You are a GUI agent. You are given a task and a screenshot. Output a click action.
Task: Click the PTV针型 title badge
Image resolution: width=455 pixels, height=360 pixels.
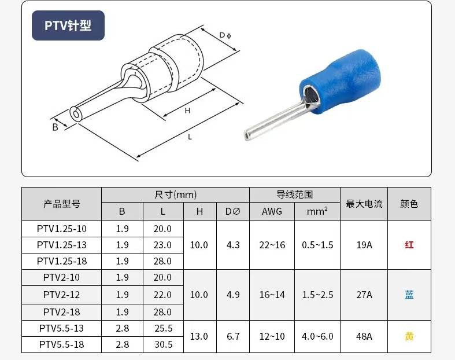coord(68,25)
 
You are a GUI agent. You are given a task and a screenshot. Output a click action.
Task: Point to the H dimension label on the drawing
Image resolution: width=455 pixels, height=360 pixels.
coord(187,111)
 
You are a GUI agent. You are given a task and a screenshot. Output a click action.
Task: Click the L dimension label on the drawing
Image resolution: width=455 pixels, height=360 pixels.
coord(190,137)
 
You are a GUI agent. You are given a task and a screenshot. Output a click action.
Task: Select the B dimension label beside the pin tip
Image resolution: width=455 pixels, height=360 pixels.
coord(56,127)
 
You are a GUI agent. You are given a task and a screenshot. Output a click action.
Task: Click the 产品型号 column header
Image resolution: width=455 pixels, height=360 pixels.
coord(62,204)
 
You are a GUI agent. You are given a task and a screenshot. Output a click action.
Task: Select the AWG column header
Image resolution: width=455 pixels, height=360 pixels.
coord(272,212)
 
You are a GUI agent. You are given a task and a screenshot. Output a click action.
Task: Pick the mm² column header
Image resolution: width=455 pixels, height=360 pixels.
coord(317,212)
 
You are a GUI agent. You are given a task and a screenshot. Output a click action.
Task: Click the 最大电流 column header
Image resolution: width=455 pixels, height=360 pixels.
coord(364,204)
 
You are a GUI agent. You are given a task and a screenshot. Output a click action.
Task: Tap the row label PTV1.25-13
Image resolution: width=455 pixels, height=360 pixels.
coord(62,245)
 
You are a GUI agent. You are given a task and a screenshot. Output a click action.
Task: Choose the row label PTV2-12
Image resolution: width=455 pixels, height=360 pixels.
coord(62,295)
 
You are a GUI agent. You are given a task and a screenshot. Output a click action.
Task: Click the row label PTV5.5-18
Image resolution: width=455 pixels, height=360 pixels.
coord(62,344)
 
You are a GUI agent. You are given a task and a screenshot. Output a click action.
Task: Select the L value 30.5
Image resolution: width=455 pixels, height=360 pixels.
coord(162,344)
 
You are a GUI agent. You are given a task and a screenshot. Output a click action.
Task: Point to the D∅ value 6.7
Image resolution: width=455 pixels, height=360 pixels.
coord(233,336)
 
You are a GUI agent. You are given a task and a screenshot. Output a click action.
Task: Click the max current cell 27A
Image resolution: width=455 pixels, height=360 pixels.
coord(364,295)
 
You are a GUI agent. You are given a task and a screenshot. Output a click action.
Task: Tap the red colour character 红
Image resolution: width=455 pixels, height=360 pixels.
coord(409,245)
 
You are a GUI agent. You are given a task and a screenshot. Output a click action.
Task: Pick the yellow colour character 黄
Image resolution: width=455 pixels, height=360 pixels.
coord(409,336)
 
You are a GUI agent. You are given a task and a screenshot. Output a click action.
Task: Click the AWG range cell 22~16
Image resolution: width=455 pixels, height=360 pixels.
coord(272,245)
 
